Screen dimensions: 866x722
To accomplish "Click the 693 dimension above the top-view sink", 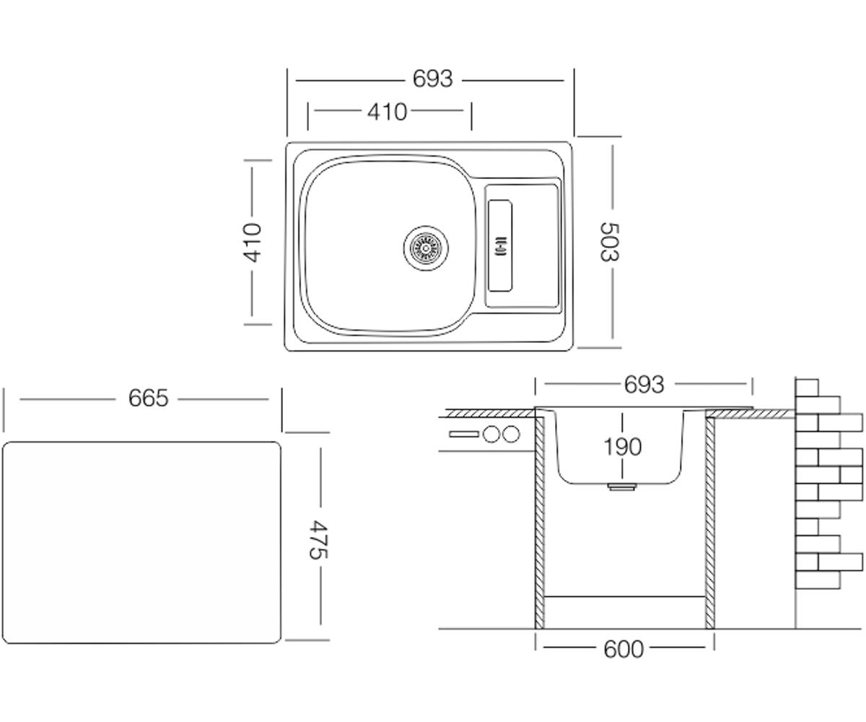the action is pos(432,79).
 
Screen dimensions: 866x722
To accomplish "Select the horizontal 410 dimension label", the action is pos(387,112).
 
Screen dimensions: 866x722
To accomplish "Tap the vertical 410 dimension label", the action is pos(252,243).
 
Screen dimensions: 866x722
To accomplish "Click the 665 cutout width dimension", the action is pos(149,398).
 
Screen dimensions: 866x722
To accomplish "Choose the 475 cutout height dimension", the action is pos(319,539).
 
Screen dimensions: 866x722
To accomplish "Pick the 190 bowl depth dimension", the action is pos(622,447).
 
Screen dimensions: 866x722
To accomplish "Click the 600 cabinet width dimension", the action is pos(624,649).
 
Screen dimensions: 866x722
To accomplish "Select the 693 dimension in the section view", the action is pos(644,385).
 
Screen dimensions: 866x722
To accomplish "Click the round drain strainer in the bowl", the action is pos(426,248).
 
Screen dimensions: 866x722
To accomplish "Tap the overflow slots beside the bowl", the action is pos(501,245).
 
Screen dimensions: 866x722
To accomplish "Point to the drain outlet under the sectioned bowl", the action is pos(621,487).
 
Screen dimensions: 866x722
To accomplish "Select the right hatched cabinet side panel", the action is pos(709,522).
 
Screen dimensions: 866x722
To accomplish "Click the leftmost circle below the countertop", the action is pos(491,435).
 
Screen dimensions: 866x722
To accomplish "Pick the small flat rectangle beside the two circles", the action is pos(464,435).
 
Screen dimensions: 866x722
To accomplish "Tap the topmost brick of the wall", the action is pos(807,388).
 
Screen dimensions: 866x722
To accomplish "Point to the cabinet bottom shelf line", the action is pos(625,596).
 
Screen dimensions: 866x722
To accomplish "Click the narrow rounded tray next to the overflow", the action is pos(500,245).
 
